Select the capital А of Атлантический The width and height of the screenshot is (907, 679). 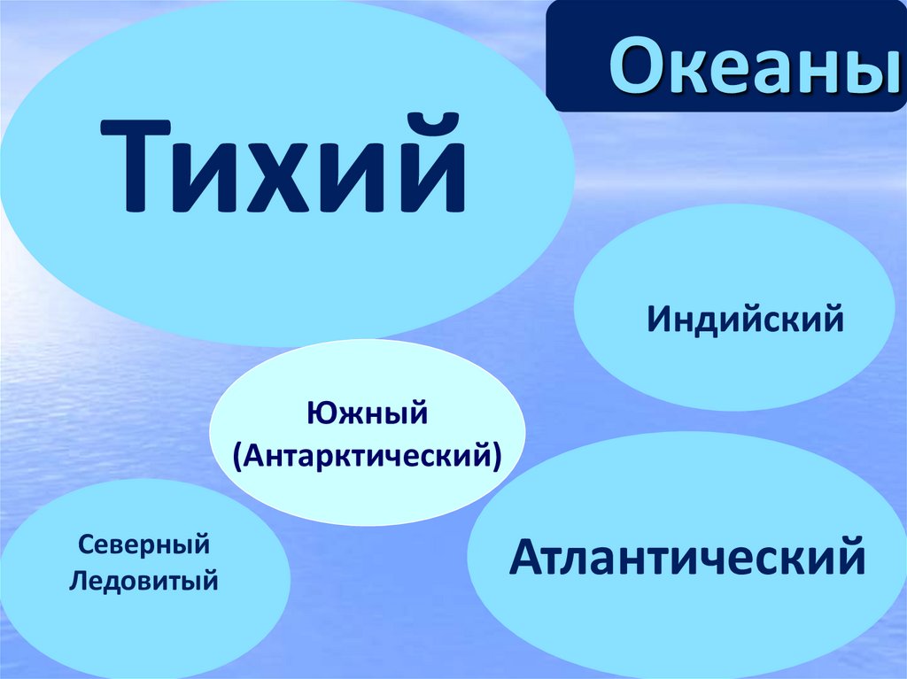point(525,556)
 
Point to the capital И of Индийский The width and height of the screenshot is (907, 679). point(657,318)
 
